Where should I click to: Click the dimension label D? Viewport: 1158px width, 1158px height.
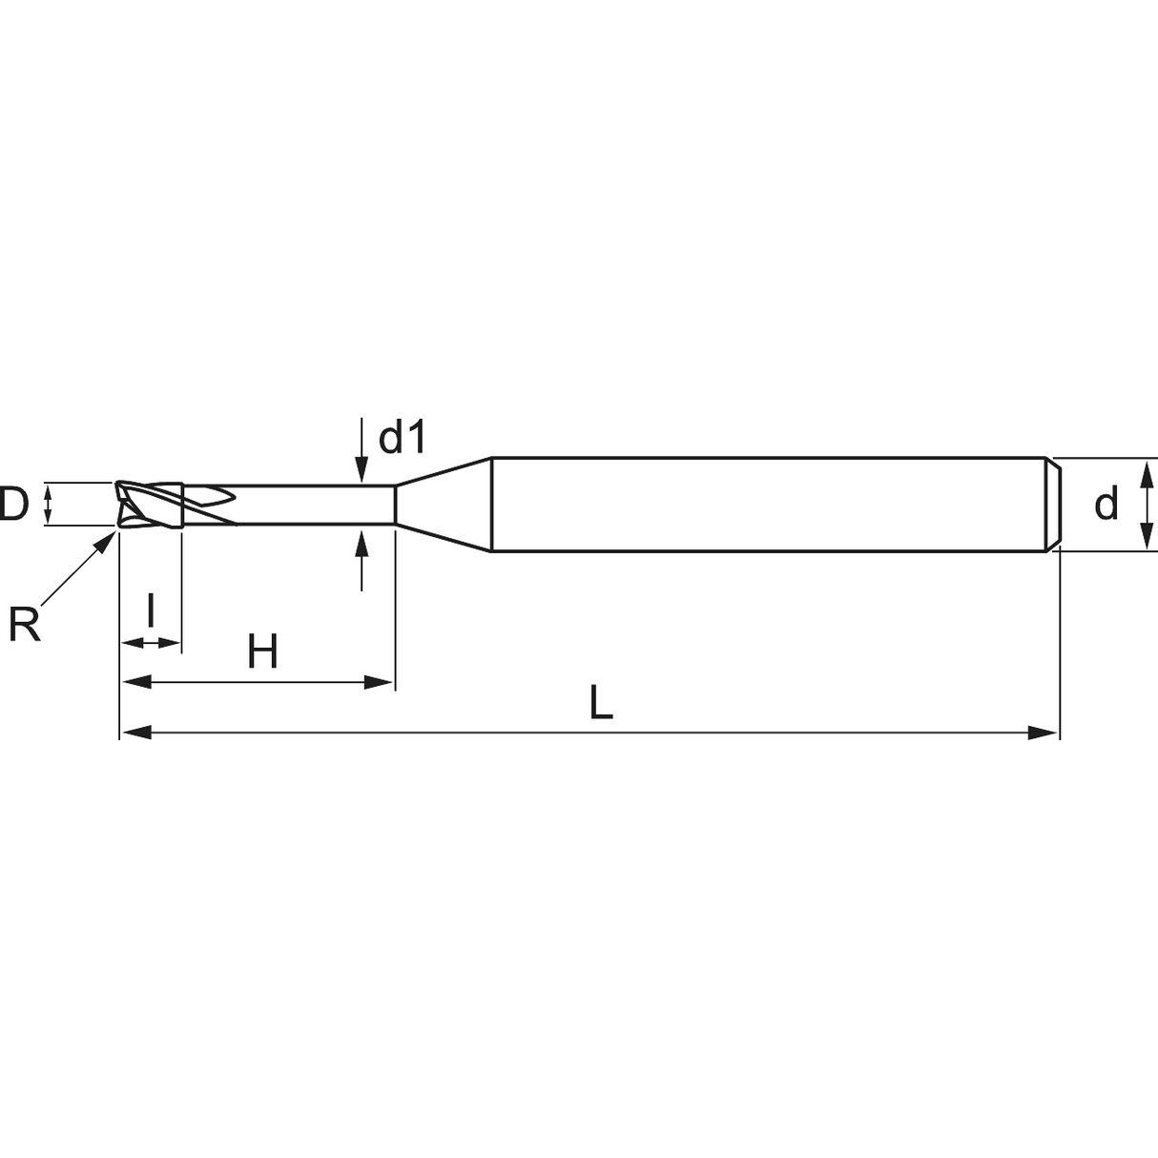tap(13, 505)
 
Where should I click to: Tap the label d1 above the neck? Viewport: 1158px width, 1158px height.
tap(402, 437)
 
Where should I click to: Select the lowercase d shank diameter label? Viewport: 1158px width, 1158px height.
tap(1106, 504)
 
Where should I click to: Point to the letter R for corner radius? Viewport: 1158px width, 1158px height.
tap(25, 625)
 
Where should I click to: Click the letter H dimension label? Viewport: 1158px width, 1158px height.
tap(262, 651)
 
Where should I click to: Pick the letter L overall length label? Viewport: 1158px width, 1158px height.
tap(601, 702)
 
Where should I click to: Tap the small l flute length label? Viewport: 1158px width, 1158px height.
tap(151, 610)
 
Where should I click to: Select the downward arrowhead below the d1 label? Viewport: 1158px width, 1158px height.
tap(362, 469)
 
